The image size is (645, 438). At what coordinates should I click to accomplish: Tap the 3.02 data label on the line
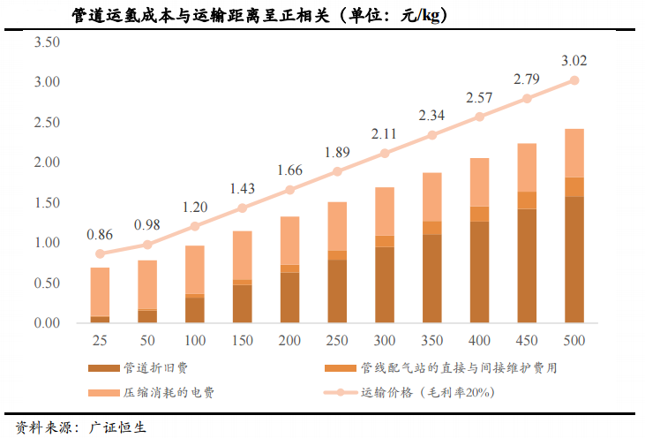(x=574, y=61)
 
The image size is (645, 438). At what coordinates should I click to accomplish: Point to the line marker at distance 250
(x=337, y=171)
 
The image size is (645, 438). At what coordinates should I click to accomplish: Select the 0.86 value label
(x=100, y=235)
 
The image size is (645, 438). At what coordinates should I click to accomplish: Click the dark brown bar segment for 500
(x=574, y=260)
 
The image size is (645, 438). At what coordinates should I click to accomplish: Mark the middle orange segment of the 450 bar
(x=527, y=200)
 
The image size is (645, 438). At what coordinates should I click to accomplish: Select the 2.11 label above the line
(x=385, y=134)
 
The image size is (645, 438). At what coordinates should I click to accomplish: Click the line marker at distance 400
(x=479, y=117)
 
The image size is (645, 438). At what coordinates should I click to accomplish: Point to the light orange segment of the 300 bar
(x=385, y=211)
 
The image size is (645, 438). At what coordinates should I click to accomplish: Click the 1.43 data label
(x=242, y=189)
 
